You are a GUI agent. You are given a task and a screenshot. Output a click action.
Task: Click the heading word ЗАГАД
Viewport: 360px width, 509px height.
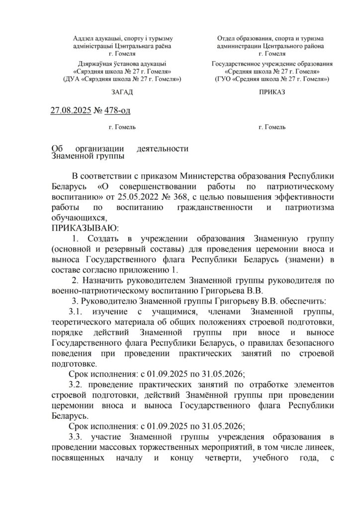pyautogui.click(x=122, y=92)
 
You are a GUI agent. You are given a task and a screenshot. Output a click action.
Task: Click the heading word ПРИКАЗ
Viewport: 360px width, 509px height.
pyautogui.click(x=272, y=92)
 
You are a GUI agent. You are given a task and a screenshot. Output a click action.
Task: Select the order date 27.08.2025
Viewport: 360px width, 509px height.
pyautogui.click(x=71, y=110)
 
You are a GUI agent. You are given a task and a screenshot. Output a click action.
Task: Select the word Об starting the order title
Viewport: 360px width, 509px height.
pyautogui.click(x=57, y=148)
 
